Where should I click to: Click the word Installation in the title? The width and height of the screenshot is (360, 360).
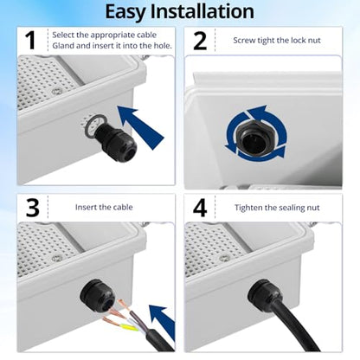(x=202, y=11)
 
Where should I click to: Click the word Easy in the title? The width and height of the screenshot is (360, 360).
(x=125, y=13)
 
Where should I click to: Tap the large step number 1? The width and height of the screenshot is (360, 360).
(x=30, y=41)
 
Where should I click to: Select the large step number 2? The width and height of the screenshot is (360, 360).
(x=200, y=41)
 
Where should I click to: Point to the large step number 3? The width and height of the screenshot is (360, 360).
(x=32, y=208)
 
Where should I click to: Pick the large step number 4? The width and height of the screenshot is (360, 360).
(x=200, y=208)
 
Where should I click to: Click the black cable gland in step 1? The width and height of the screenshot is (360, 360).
(x=115, y=141)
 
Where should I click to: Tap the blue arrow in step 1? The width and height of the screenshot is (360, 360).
(x=141, y=127)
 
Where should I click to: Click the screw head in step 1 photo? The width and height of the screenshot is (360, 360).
(x=57, y=92)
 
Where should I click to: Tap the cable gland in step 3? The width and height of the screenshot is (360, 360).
(x=97, y=296)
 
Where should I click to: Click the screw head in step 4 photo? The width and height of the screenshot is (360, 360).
(x=224, y=258)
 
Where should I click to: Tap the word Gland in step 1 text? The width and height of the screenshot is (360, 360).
(x=61, y=46)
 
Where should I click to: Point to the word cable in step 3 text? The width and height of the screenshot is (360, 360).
(x=123, y=207)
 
